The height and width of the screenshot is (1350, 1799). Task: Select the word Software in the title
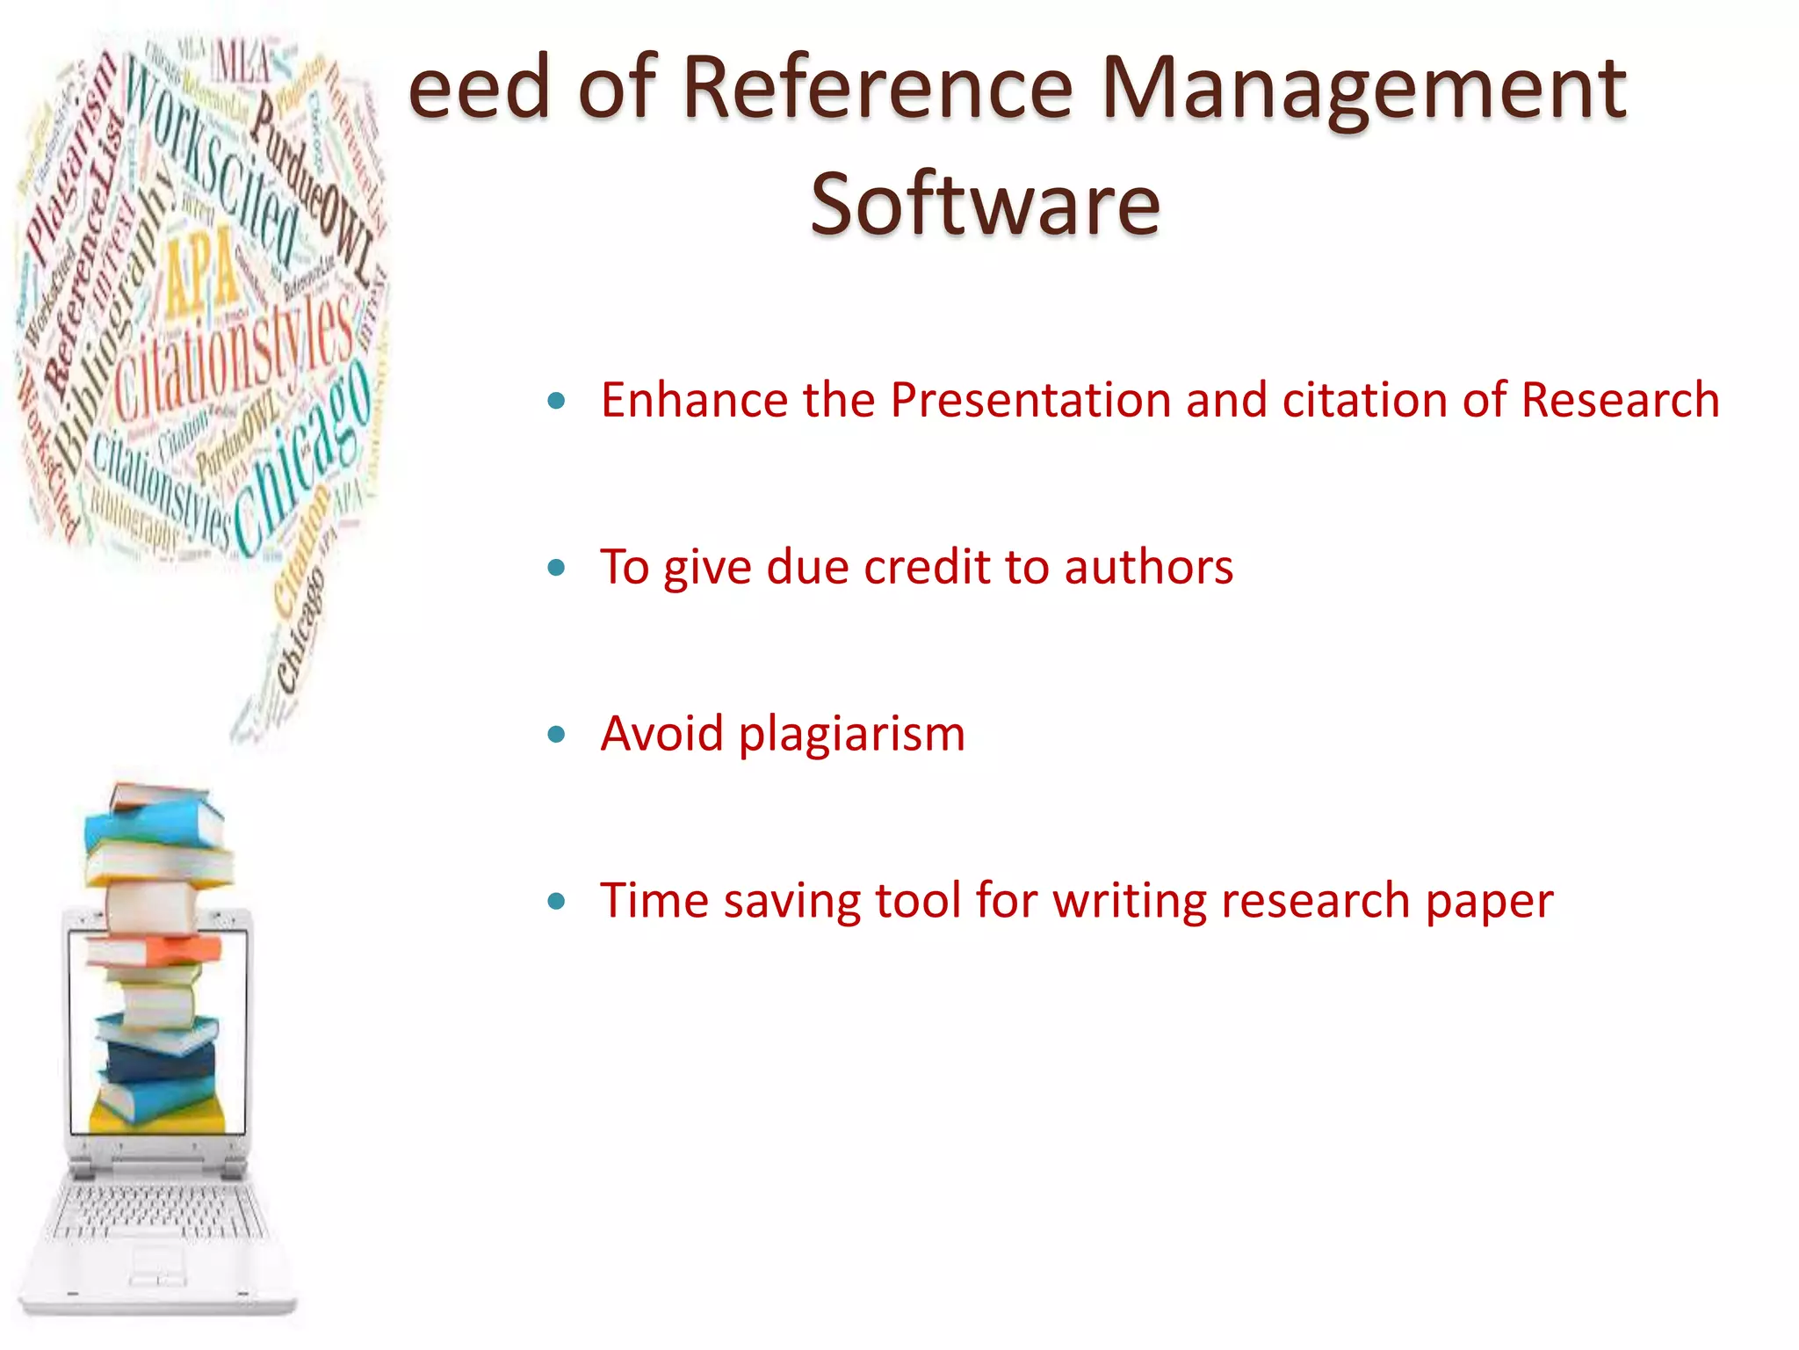click(985, 204)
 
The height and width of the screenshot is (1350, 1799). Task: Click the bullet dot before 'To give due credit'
click(556, 568)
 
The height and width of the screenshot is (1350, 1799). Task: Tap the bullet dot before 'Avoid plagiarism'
click(556, 734)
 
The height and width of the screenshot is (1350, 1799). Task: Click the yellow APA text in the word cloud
click(201, 272)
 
